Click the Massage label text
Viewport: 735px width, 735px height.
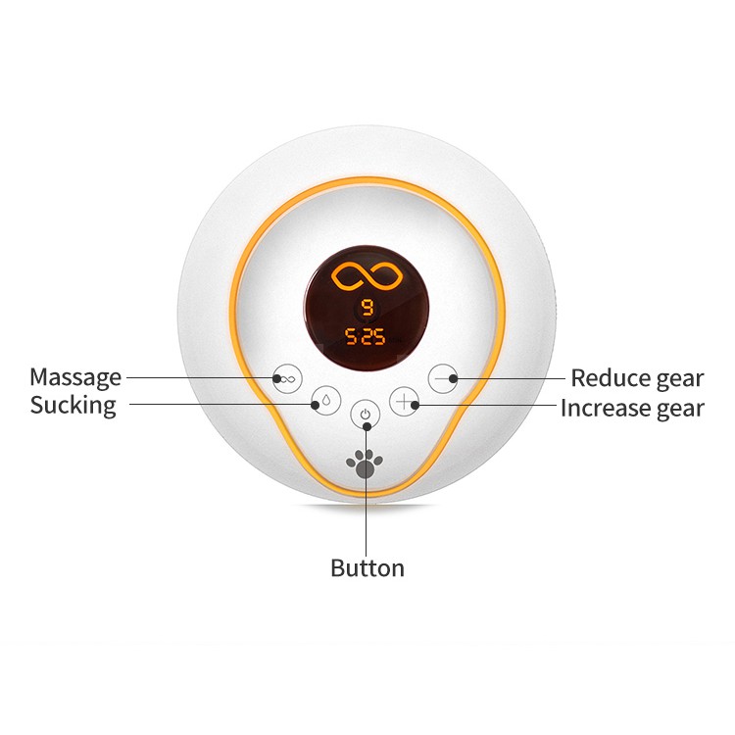coord(75,377)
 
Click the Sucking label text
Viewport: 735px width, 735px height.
coord(73,406)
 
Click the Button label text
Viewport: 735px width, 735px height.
coord(367,568)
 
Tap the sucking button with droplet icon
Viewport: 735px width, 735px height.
coord(325,402)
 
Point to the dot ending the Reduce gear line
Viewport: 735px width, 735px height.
coord(453,378)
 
